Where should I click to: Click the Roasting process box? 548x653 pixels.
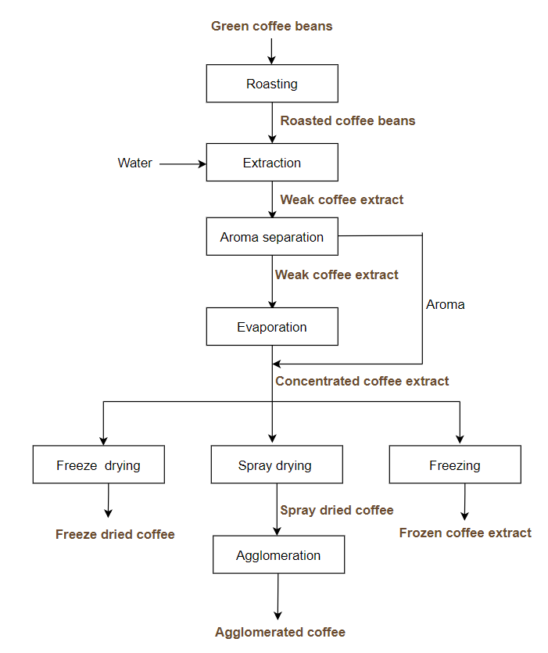[272, 84]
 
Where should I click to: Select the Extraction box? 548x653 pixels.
[272, 163]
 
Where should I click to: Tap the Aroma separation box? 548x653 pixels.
[272, 237]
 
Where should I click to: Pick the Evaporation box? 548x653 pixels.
[272, 327]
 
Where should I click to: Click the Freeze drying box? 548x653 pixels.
[98, 465]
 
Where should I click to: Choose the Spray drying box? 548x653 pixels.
[276, 465]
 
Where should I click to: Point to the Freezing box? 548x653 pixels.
[455, 465]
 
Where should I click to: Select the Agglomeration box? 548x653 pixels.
[278, 555]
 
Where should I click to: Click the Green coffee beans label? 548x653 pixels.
[272, 27]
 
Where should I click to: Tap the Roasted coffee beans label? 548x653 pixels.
[348, 120]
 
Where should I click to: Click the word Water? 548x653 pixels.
[135, 163]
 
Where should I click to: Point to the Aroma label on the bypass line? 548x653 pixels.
[446, 304]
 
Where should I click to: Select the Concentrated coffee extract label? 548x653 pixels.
[362, 381]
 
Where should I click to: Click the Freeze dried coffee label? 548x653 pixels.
[115, 535]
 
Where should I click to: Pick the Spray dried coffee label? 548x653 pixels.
[337, 510]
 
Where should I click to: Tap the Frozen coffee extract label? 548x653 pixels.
[465, 533]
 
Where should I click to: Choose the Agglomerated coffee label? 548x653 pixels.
[280, 632]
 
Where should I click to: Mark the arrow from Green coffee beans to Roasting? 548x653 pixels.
[271, 50]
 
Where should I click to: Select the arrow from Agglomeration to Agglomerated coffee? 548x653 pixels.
[278, 597]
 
